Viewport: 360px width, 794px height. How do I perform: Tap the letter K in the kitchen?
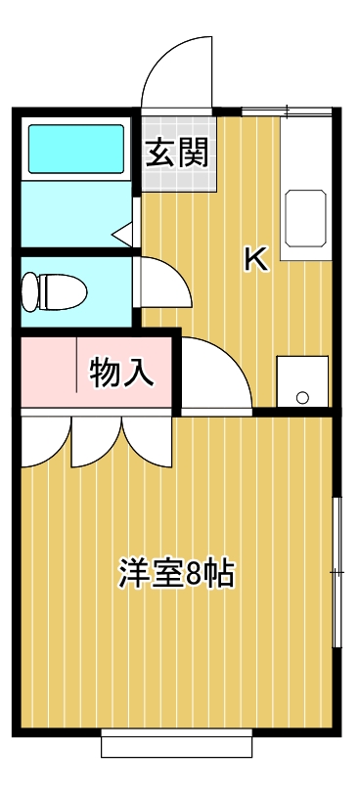pyautogui.click(x=254, y=259)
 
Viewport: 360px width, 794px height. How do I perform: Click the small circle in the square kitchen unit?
pyautogui.click(x=302, y=397)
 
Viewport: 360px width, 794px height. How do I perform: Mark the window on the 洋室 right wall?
pyautogui.click(x=337, y=572)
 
